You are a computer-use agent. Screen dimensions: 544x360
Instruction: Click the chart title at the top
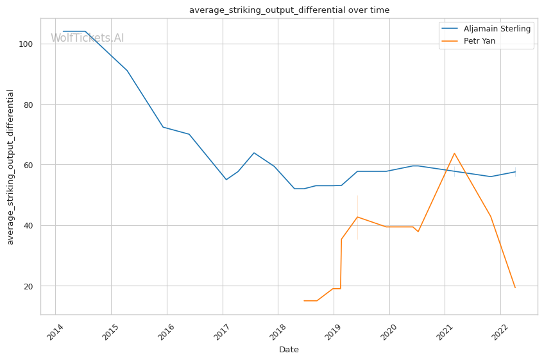pyautogui.click(x=289, y=10)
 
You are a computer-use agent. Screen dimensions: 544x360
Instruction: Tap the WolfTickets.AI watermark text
pyautogui.click(x=87, y=38)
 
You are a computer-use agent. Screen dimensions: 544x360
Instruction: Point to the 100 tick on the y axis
pyautogui.click(x=26, y=44)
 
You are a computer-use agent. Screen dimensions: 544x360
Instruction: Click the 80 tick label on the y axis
pyautogui.click(x=28, y=105)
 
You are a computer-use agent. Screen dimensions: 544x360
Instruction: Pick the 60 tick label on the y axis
pyautogui.click(x=28, y=165)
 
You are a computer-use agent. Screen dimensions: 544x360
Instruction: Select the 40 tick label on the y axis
pyautogui.click(x=28, y=226)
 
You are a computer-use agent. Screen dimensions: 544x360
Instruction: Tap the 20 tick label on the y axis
pyautogui.click(x=28, y=286)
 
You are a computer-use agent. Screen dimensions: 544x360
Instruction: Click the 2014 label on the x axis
pyautogui.click(x=55, y=332)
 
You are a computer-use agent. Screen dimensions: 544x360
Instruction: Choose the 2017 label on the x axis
pyautogui.click(x=221, y=332)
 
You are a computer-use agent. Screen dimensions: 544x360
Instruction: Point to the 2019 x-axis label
pyautogui.click(x=332, y=332)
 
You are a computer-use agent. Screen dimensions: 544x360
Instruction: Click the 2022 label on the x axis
pyautogui.click(x=499, y=332)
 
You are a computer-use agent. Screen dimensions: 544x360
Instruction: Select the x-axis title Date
pyautogui.click(x=289, y=350)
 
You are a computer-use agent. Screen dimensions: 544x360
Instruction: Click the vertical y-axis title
pyautogui.click(x=10, y=167)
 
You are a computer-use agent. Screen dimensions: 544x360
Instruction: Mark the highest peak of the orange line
pyautogui.click(x=454, y=153)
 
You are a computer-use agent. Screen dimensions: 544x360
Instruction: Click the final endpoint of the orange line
pyautogui.click(x=515, y=287)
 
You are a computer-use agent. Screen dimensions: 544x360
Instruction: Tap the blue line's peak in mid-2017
pyautogui.click(x=254, y=153)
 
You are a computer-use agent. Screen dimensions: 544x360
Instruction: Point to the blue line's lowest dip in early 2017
pyautogui.click(x=226, y=180)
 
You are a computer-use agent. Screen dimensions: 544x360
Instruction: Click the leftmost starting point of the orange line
pyautogui.click(x=304, y=300)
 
